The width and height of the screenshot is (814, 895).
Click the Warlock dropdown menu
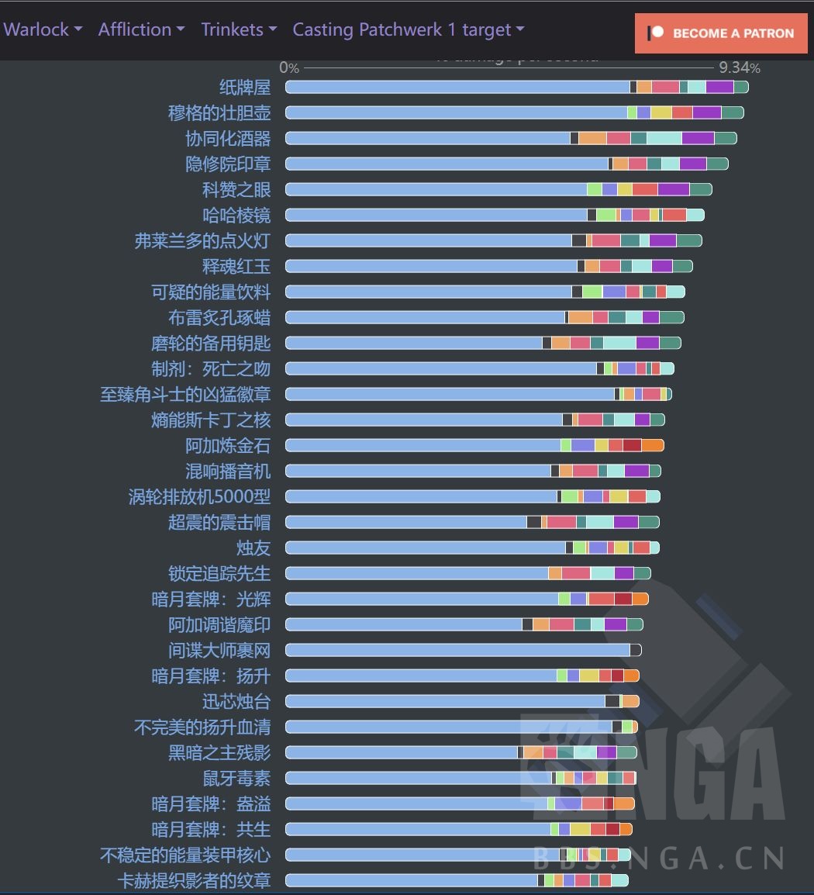point(43,29)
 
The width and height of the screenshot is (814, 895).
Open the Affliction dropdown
point(141,29)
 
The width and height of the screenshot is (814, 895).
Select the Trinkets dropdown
point(239,29)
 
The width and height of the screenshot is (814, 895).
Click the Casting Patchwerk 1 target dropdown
point(409,29)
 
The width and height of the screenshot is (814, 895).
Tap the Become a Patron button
point(721,33)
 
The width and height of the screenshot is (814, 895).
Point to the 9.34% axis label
point(739,68)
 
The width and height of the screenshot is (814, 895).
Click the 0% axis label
point(289,68)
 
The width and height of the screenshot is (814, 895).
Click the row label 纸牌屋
point(245,87)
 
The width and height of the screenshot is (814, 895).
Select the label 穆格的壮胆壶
point(219,112)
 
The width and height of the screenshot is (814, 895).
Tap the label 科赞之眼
point(236,189)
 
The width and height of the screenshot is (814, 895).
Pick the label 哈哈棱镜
point(236,215)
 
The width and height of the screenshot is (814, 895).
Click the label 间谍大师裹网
point(219,650)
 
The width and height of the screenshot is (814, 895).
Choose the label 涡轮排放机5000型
point(199,496)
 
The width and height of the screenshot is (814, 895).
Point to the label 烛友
point(254,548)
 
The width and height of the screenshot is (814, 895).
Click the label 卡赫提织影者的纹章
point(194,880)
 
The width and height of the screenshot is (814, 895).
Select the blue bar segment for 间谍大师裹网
point(457,650)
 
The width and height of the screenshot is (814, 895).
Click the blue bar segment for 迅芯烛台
point(446,701)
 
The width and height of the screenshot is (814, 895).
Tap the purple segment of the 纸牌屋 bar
point(719,87)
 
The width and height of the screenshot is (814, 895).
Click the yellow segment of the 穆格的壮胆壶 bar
point(661,112)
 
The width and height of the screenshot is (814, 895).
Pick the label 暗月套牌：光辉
point(211,599)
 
